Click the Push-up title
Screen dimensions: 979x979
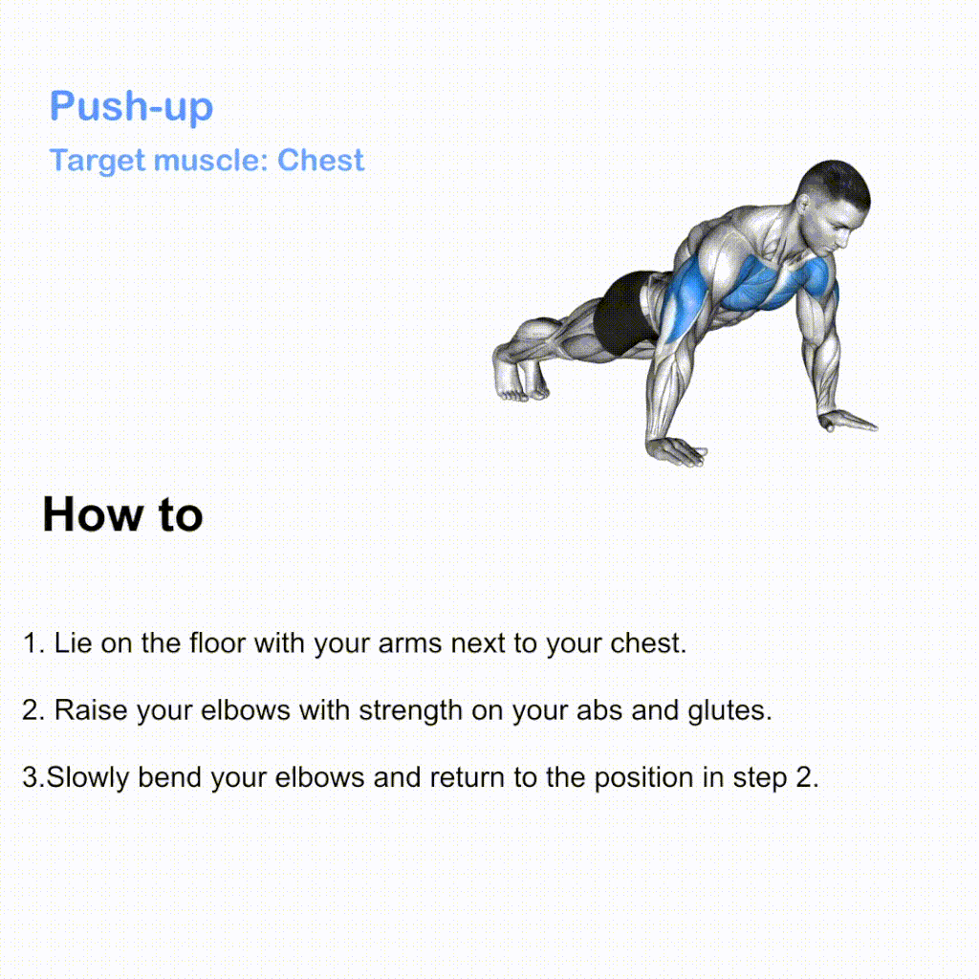[x=131, y=106]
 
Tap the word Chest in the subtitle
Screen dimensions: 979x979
[x=320, y=160]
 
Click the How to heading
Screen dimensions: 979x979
[x=123, y=515]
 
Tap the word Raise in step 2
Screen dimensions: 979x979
[x=91, y=710]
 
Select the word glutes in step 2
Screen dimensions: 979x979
[x=729, y=711]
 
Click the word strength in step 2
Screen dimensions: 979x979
[x=410, y=711]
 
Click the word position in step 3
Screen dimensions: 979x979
[x=643, y=778]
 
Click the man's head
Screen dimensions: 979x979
[x=834, y=207]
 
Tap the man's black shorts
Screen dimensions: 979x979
[x=624, y=314]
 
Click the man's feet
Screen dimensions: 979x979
[x=520, y=372]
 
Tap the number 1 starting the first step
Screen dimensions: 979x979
[x=30, y=643]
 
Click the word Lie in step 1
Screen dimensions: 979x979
[x=73, y=643]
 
